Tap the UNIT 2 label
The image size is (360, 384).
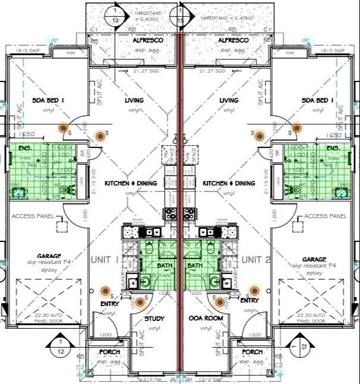[255, 260]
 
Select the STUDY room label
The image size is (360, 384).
[155, 319]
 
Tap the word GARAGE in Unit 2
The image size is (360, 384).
[314, 259]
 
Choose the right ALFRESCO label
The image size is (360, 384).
[228, 40]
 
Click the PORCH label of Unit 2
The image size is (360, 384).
[252, 352]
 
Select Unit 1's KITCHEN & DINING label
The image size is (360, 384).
[130, 184]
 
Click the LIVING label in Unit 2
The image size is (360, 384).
[228, 100]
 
